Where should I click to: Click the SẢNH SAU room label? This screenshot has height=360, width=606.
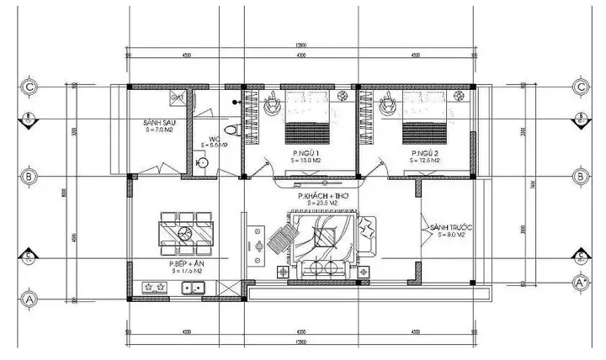click(157, 124)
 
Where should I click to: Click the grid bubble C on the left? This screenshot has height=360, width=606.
click(29, 87)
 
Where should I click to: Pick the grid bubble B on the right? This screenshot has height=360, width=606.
click(580, 177)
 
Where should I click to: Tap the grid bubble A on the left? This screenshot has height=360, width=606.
click(29, 298)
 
